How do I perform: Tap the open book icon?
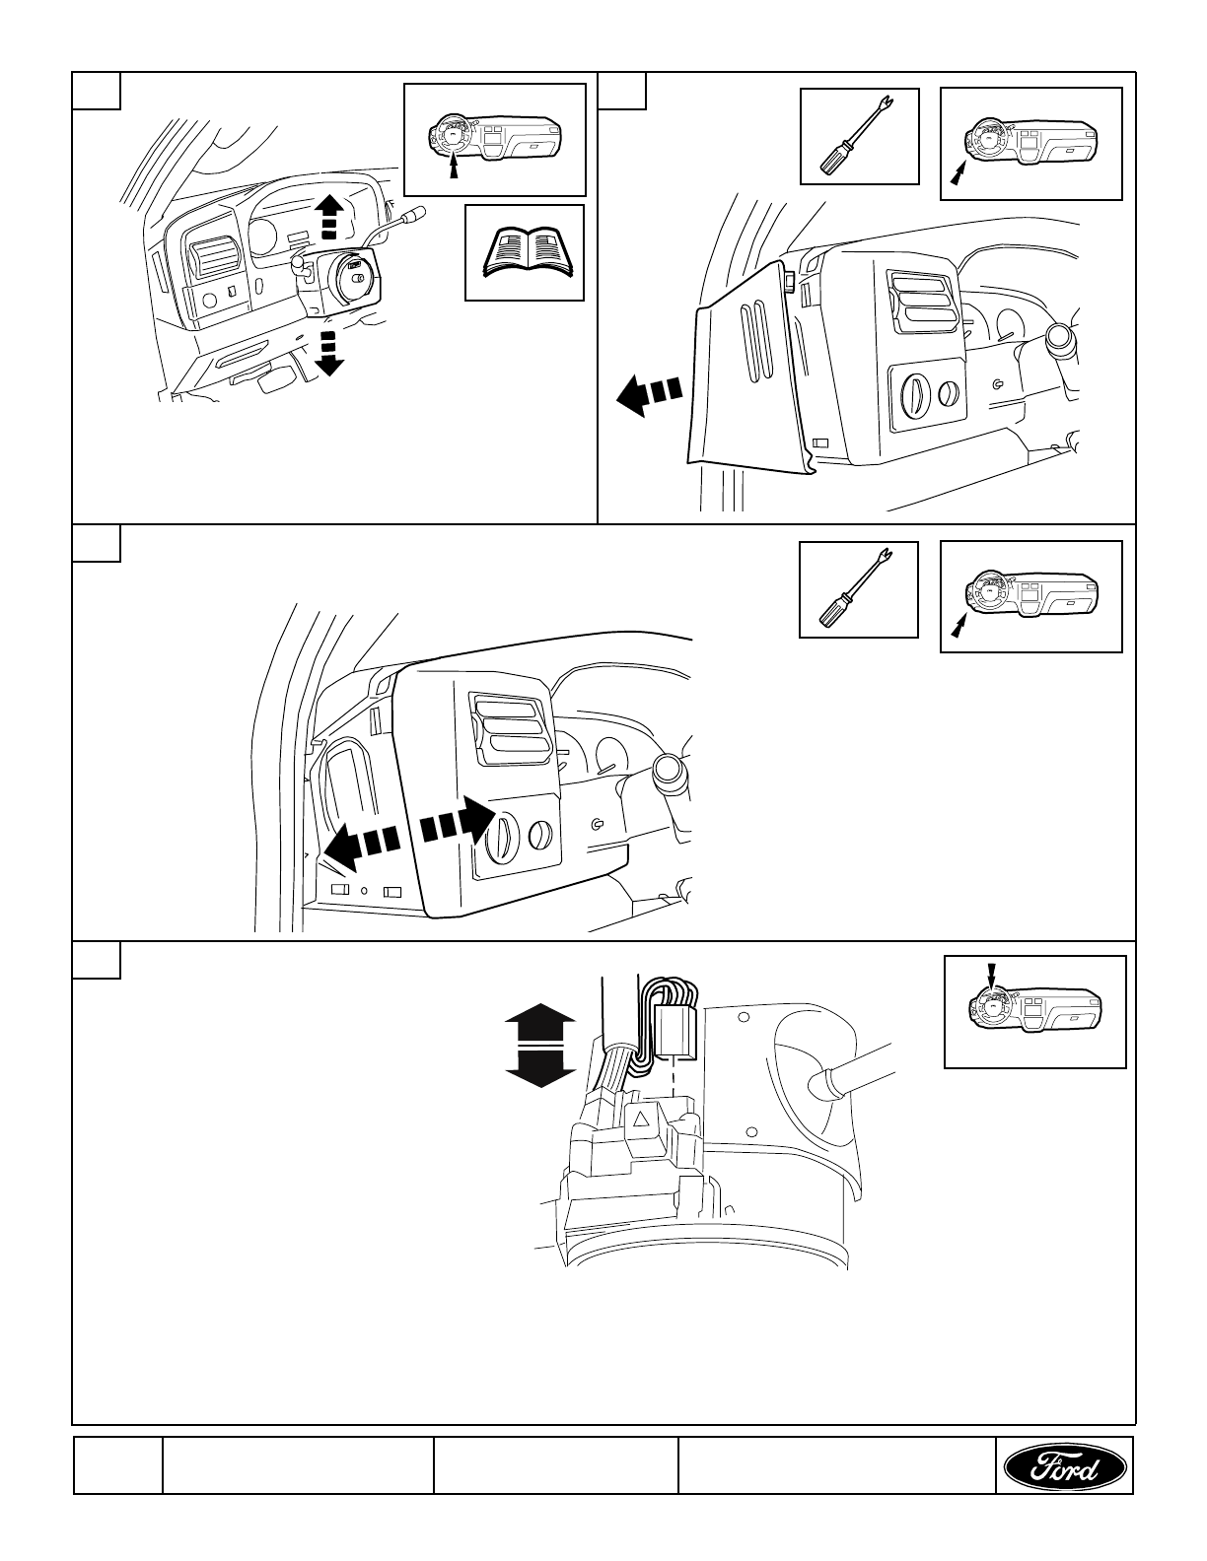(x=524, y=252)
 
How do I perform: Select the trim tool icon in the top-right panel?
(x=859, y=136)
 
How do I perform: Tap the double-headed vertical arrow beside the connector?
(x=540, y=1046)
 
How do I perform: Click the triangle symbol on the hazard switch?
(x=640, y=1120)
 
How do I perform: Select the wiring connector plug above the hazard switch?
(x=674, y=1028)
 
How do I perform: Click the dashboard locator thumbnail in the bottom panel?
(x=1034, y=1012)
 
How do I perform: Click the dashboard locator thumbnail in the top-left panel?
(x=495, y=139)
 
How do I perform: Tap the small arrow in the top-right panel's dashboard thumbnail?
(x=956, y=173)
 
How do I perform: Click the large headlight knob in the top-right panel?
(x=916, y=397)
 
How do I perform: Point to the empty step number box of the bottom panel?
(x=97, y=961)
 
